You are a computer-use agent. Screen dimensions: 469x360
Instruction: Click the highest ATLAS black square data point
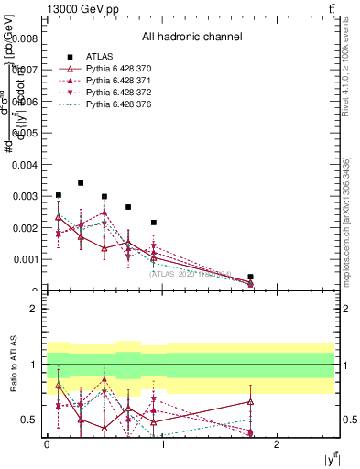click(81, 183)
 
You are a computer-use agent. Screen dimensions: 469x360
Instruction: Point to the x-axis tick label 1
click(163, 443)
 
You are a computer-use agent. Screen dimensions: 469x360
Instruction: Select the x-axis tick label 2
click(278, 443)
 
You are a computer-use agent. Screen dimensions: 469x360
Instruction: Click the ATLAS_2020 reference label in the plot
click(191, 273)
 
